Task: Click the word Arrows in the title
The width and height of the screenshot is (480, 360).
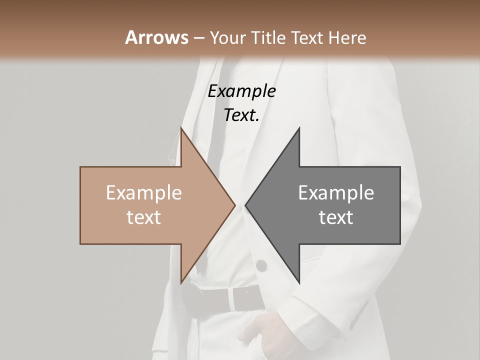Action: pyautogui.click(x=156, y=37)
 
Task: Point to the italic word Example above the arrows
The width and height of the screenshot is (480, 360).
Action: pyautogui.click(x=242, y=91)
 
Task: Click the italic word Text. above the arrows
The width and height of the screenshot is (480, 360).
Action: pyautogui.click(x=242, y=115)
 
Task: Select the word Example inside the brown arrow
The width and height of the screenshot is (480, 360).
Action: pyautogui.click(x=144, y=192)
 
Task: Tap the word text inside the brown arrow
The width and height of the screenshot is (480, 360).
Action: pyautogui.click(x=144, y=217)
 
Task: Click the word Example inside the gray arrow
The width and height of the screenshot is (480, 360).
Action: pyautogui.click(x=336, y=192)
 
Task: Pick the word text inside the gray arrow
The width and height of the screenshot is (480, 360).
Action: pyautogui.click(x=336, y=217)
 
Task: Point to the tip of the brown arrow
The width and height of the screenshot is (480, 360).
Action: pyautogui.click(x=234, y=205)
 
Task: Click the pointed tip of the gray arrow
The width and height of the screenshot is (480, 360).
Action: pyautogui.click(x=246, y=205)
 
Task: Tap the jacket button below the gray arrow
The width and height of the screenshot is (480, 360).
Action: pyautogui.click(x=261, y=265)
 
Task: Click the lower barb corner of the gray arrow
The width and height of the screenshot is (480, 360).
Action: pyautogui.click(x=299, y=283)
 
